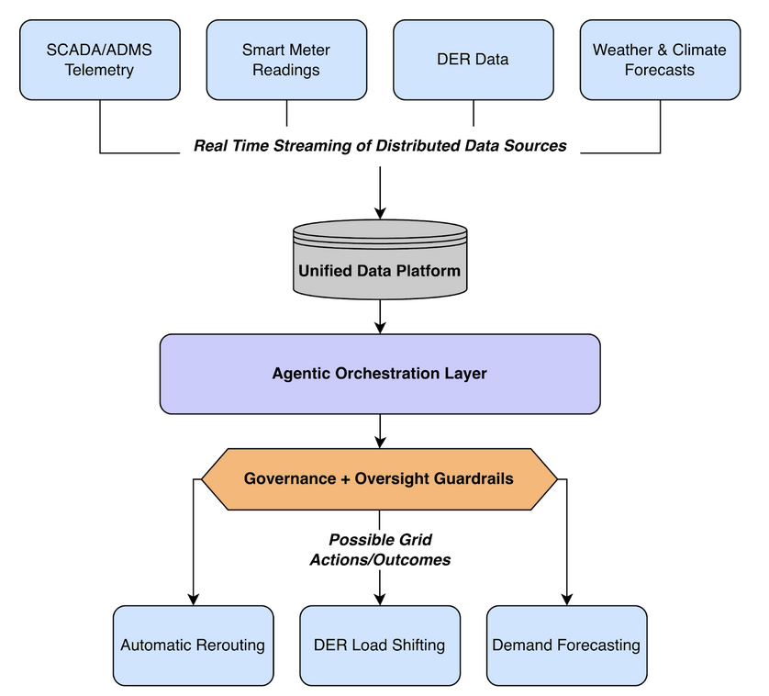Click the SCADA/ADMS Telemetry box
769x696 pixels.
(99, 60)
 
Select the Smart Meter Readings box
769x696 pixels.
(286, 60)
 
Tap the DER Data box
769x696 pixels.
(474, 60)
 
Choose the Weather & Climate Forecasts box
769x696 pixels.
(660, 60)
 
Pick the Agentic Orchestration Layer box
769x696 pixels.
(379, 374)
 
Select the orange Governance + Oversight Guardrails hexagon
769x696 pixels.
(379, 478)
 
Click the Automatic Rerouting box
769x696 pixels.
(193, 645)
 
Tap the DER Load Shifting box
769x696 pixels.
(379, 645)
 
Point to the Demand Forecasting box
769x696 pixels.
(566, 645)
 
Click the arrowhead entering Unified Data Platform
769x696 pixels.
(379, 212)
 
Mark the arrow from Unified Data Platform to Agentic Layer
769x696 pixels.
(379, 318)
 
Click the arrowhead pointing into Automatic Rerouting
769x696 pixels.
(193, 599)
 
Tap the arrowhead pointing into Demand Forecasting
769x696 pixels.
(566, 599)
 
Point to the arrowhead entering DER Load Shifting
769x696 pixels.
(379, 599)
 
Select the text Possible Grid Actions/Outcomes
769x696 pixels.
(379, 549)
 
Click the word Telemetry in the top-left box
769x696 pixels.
(99, 70)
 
